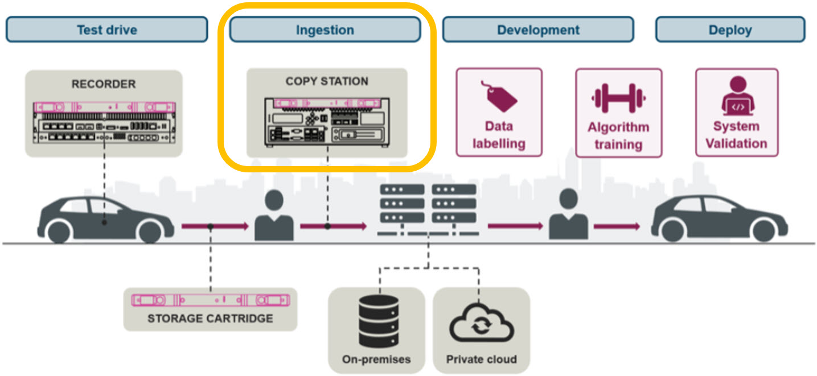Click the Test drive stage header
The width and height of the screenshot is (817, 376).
pyautogui.click(x=106, y=30)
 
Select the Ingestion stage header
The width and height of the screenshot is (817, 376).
pyautogui.click(x=325, y=30)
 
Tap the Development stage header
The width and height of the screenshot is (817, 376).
pyautogui.click(x=538, y=30)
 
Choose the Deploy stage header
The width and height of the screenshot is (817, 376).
pyautogui.click(x=730, y=30)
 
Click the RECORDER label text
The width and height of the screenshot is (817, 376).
pyautogui.click(x=104, y=84)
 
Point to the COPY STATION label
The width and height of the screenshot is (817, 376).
pyautogui.click(x=327, y=81)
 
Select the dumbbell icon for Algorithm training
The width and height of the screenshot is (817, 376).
pyautogui.click(x=618, y=98)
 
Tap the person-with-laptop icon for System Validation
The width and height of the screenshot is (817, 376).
pyautogui.click(x=737, y=97)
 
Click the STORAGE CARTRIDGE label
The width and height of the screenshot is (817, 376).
pyautogui.click(x=210, y=318)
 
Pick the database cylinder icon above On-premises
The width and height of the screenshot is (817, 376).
pyautogui.click(x=376, y=321)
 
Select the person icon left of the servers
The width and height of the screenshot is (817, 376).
pyautogui.click(x=274, y=216)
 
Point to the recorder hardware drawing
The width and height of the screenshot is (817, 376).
pyautogui.click(x=104, y=122)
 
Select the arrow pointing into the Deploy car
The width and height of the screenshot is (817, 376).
pyautogui.click(x=617, y=226)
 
